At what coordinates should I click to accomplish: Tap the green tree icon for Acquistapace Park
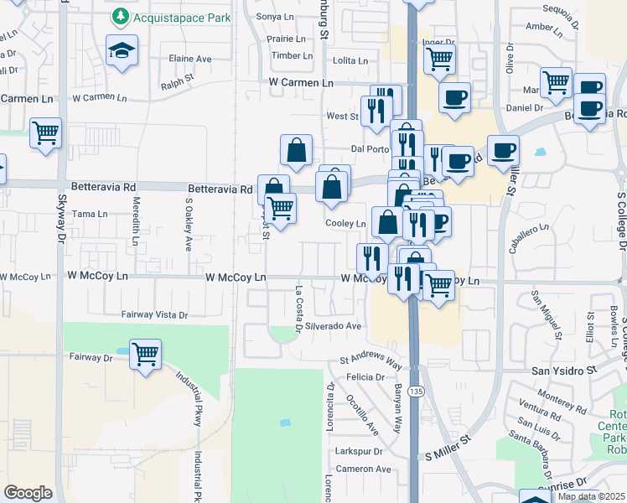(122, 16)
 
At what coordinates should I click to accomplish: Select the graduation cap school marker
(122, 50)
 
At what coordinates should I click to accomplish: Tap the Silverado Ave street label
(333, 325)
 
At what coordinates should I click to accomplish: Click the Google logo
(28, 492)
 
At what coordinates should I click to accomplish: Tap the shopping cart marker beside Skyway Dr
(45, 132)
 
